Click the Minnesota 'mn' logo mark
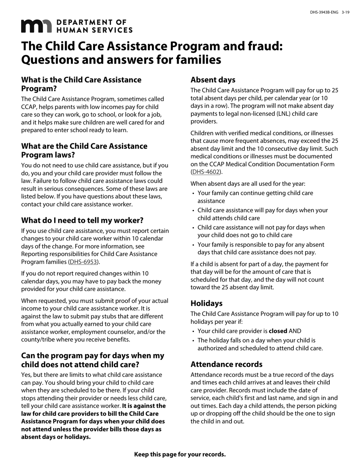pos(36,26)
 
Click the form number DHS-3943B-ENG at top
pos(324,13)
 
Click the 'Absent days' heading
pos(213,80)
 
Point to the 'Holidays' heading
pos(207,303)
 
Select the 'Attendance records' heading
pos(226,364)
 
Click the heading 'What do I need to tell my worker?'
pos(82,220)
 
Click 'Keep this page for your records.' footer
pos(180,454)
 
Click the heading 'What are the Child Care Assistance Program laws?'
pos(84,150)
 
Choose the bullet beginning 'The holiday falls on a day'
pos(260,344)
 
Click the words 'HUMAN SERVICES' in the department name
pos(94,30)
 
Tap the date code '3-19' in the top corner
pos(345,13)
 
